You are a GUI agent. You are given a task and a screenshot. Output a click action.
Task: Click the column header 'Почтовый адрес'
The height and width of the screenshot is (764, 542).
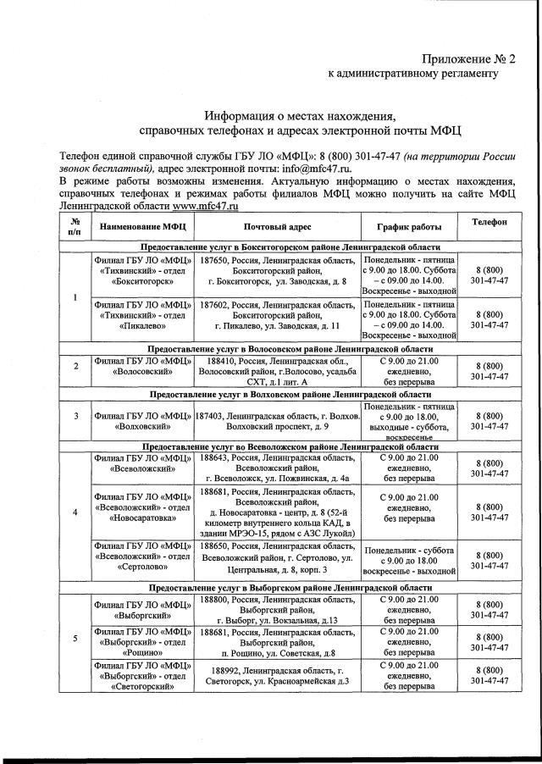click(x=277, y=227)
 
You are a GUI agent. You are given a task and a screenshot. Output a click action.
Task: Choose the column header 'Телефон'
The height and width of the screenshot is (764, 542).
click(x=489, y=221)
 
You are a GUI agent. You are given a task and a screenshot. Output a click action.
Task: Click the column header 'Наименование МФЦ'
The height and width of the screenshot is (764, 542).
click(x=142, y=227)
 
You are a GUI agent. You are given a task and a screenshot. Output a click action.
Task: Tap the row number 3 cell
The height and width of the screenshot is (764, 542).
click(x=75, y=416)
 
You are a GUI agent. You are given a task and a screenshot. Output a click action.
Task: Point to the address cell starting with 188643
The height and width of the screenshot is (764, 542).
click(x=277, y=468)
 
